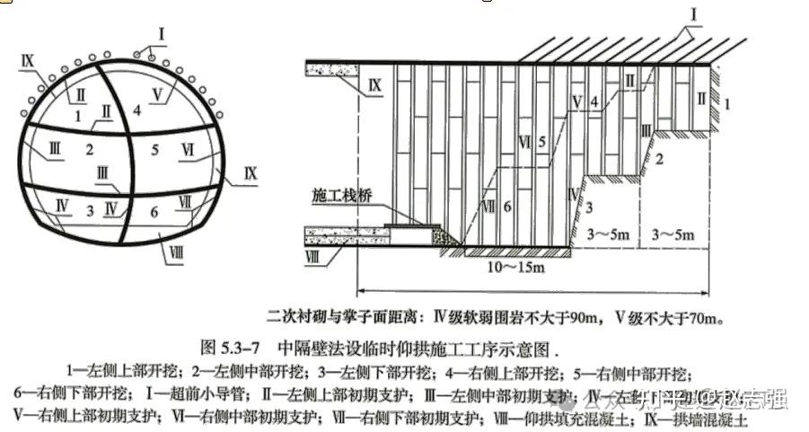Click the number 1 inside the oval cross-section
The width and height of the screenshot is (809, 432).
coord(80,115)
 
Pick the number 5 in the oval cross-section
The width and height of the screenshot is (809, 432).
coord(154,149)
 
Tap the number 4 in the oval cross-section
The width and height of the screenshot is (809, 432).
coord(136,110)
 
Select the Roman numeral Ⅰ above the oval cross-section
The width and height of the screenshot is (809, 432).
coord(161,34)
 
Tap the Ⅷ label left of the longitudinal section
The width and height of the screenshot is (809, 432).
coord(312,259)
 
